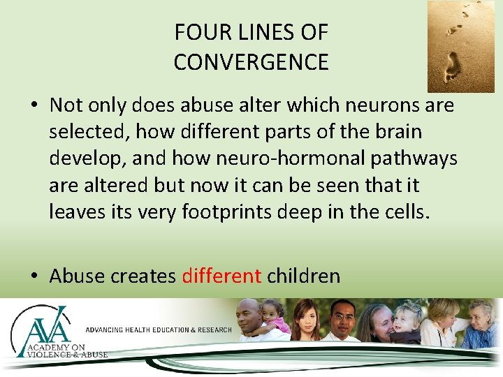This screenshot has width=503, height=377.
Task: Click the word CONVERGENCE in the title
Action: [x=251, y=62]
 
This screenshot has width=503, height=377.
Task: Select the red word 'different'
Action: [x=221, y=276]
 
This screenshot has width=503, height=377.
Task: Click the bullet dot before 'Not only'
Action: [x=34, y=106]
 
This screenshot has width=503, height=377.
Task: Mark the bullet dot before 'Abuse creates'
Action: [x=34, y=276]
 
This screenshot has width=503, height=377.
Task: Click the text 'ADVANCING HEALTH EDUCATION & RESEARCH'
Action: [x=158, y=330]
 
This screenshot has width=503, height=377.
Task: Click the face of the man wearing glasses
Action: [x=343, y=318]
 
